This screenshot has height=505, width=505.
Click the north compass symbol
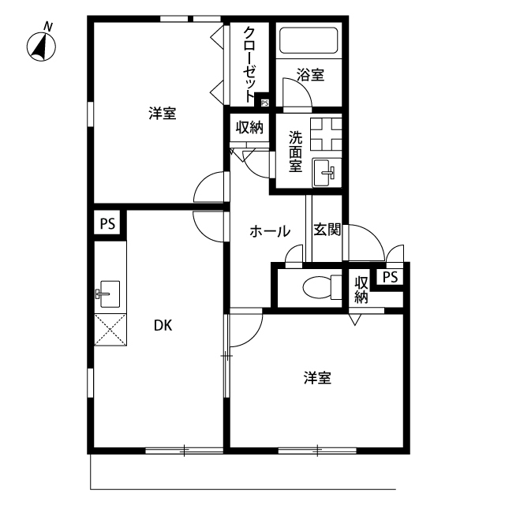click(41, 46)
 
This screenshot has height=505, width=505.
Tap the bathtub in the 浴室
click(309, 40)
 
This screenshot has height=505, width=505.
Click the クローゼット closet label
click(249, 65)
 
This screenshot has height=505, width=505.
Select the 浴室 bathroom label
click(310, 75)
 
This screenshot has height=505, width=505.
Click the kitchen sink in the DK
click(108, 294)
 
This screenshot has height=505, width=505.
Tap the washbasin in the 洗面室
click(324, 173)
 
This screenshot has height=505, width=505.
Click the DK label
click(163, 326)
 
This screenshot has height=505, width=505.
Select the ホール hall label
click(270, 231)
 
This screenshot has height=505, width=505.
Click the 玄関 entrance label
click(327, 230)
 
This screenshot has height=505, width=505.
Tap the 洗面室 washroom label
click(295, 151)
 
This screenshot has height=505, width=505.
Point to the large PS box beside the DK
click(107, 223)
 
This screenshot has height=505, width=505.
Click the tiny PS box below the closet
click(265, 103)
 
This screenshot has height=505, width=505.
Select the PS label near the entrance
click(391, 277)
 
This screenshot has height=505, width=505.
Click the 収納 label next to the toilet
click(361, 290)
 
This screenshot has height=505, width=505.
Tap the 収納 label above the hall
click(249, 128)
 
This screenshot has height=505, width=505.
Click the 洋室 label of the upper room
click(163, 114)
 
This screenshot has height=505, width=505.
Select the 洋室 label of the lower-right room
click(317, 378)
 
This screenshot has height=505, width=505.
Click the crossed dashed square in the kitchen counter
click(110, 330)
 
